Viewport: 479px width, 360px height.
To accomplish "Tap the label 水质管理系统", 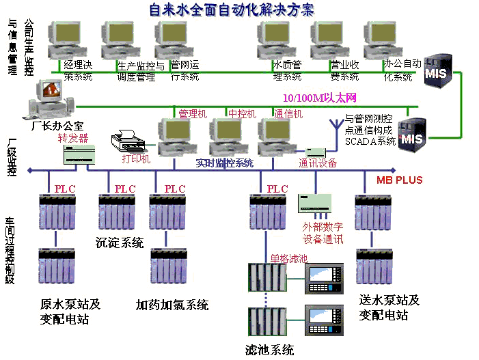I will click(x=287, y=71).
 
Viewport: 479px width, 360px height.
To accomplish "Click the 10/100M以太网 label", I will click(x=319, y=98).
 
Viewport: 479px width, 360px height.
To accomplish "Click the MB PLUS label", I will click(x=400, y=180).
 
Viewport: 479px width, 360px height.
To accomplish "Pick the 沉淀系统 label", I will click(x=120, y=243).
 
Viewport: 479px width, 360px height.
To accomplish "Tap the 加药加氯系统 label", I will click(x=172, y=305).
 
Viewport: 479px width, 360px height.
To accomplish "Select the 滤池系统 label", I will click(x=269, y=350).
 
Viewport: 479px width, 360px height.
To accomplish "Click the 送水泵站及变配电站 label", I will click(x=388, y=307).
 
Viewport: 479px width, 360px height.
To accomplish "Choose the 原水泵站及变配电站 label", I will click(x=70, y=311).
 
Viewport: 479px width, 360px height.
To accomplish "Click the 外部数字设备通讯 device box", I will click(x=314, y=203).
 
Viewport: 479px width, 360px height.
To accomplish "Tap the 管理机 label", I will click(x=192, y=114).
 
